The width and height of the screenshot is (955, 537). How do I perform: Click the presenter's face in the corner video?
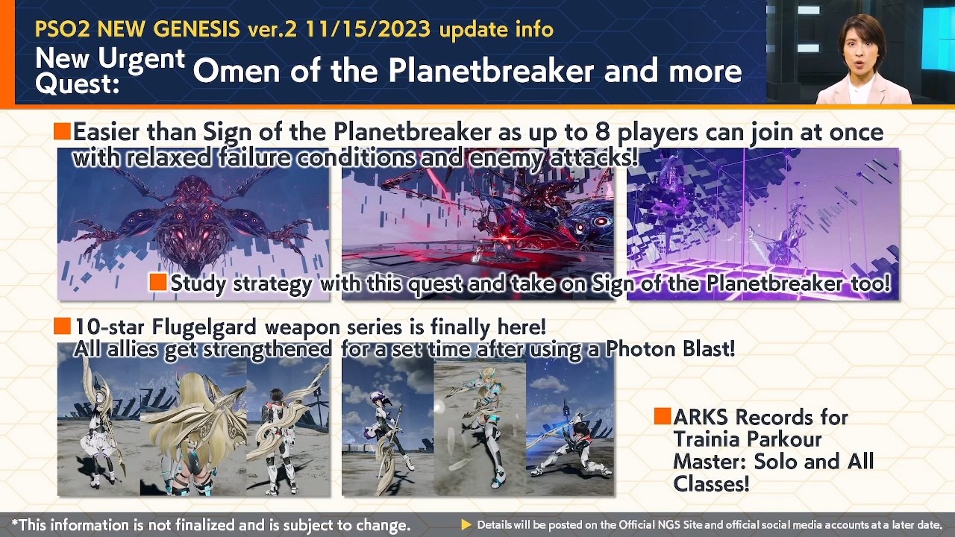pos(862,47)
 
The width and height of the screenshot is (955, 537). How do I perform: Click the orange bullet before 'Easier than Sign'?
pos(62,132)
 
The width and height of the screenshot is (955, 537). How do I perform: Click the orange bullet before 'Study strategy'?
pos(157,283)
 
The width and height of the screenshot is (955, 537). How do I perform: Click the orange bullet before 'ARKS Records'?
pos(662,416)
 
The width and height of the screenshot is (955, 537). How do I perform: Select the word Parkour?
pos(783,439)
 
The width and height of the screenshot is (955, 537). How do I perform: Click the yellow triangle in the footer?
pos(466,525)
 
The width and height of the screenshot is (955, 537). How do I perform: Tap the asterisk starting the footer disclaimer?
pos(15,524)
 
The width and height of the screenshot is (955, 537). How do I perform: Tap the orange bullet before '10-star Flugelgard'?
pos(62,326)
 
